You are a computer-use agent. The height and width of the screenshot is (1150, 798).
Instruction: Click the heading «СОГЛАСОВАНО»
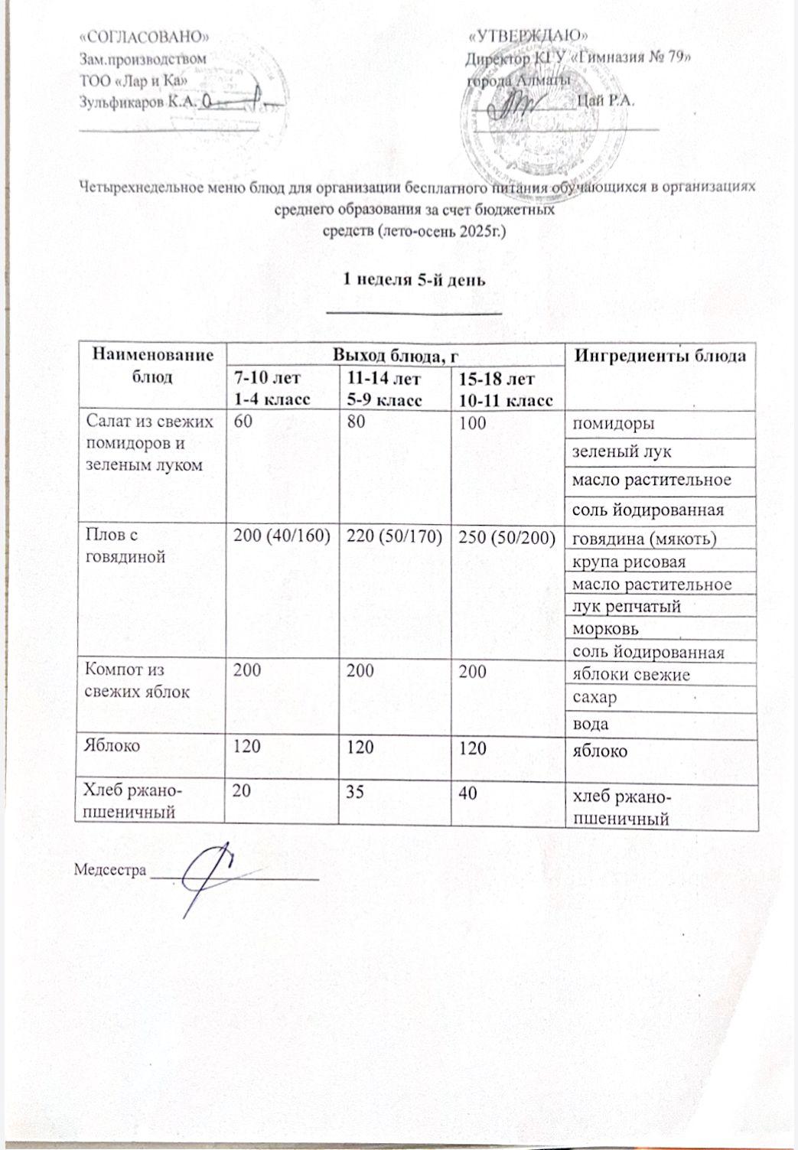pos(145,35)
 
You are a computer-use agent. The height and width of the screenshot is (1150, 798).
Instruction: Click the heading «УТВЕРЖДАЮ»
pos(529,35)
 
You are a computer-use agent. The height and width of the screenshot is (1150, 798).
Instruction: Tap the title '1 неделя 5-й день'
pos(414,280)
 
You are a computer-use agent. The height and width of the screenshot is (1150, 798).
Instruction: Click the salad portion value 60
pos(242,422)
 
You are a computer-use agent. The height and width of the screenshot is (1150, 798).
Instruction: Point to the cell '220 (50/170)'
pos(395,539)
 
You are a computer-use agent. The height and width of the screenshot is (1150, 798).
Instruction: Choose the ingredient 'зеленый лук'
pos(622,451)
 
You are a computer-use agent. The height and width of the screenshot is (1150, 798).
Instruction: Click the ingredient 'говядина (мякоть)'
pos(645,539)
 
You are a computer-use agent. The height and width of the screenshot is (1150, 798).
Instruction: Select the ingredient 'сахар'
pos(595,698)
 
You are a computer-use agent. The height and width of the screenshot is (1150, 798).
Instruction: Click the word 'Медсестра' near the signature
pos(110,869)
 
